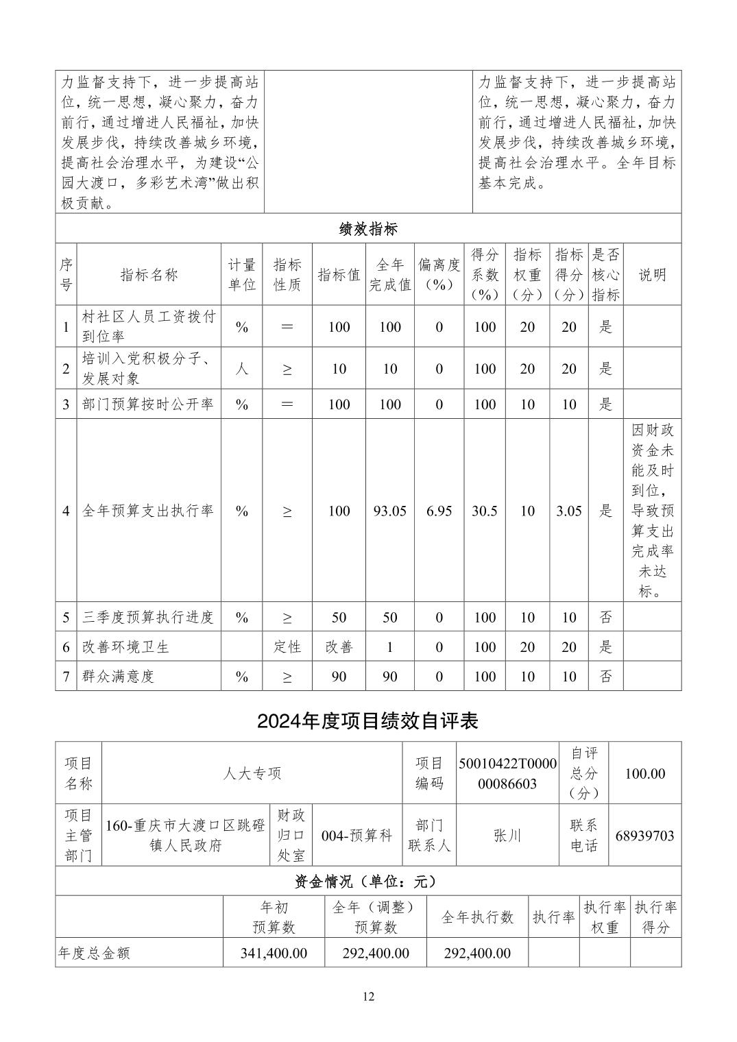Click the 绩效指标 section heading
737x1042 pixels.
pos(368,229)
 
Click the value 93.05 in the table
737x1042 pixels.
pos(389,511)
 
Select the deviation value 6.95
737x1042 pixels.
pos(439,511)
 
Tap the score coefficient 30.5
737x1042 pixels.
pos(484,511)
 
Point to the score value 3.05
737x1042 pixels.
pos(568,511)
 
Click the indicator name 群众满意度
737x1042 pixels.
pos(119,676)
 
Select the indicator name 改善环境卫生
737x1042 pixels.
pos(125,646)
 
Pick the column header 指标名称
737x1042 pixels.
pos(149,275)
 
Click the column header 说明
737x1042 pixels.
pos(652,275)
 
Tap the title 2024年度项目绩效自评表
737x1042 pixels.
pos(367,720)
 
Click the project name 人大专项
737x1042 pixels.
pos(252,773)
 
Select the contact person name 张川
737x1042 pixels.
pos(507,836)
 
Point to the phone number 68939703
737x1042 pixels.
pos(644,836)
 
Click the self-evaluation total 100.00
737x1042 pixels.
pos(644,773)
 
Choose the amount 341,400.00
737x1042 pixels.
pos(274,953)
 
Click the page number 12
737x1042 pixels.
pos(369,997)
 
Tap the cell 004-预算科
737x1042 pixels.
pos(357,836)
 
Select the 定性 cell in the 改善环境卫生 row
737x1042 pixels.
pos(287,646)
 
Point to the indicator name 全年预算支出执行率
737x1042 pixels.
pos(148,511)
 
